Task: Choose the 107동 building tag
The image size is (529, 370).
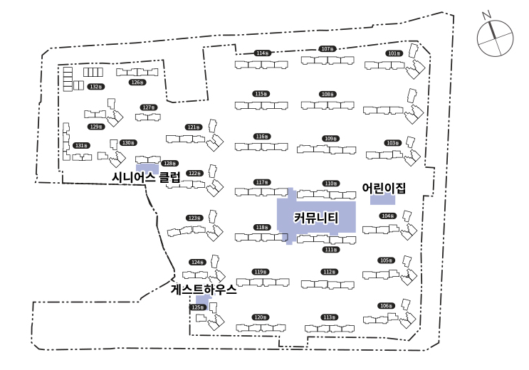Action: click(328, 49)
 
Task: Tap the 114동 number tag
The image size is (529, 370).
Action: click(262, 53)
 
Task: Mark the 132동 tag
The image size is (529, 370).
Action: click(96, 87)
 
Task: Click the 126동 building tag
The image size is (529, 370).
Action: click(137, 83)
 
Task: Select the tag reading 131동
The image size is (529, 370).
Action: click(81, 145)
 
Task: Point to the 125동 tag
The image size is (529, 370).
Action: click(199, 307)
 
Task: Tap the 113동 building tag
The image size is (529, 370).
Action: click(328, 317)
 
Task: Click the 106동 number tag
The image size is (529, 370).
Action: click(386, 306)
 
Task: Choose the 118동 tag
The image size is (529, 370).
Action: click(262, 228)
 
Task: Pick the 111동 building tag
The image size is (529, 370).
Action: click(330, 250)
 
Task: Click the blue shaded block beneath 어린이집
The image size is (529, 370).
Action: click(382, 200)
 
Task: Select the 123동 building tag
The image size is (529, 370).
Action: click(194, 218)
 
